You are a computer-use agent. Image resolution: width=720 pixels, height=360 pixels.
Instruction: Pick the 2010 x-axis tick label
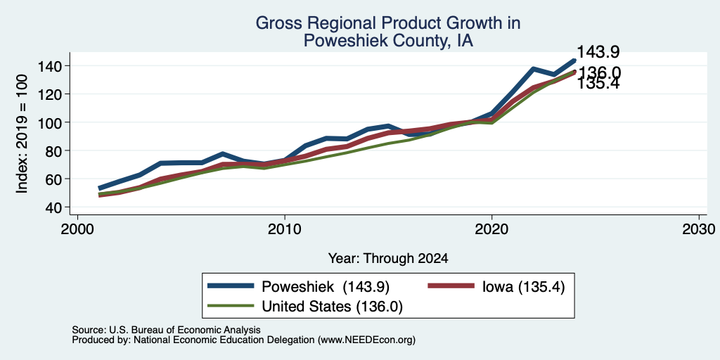tap(285, 229)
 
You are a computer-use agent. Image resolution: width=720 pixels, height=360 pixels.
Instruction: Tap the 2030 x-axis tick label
tap(699, 229)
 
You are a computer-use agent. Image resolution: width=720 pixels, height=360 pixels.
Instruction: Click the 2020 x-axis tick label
tap(491, 229)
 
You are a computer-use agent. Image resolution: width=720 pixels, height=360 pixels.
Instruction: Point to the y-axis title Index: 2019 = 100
tap(22, 134)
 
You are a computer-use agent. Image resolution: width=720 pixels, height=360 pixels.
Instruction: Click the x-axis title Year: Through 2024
tap(388, 259)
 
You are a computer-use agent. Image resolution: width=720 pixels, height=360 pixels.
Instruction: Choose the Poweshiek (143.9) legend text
tap(326, 287)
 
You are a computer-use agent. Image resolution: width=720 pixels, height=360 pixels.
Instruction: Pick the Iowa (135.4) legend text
tap(523, 287)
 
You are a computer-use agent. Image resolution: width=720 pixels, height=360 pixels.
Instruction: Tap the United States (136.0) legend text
tap(332, 307)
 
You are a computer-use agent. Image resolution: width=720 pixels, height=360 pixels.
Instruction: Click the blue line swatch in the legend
tap(231, 286)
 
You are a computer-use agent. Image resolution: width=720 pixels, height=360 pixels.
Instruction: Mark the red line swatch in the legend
tap(451, 286)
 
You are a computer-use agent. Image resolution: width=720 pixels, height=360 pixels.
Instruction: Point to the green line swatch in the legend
tap(231, 305)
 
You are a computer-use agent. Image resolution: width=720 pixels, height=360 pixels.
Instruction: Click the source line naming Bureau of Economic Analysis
tap(166, 330)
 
